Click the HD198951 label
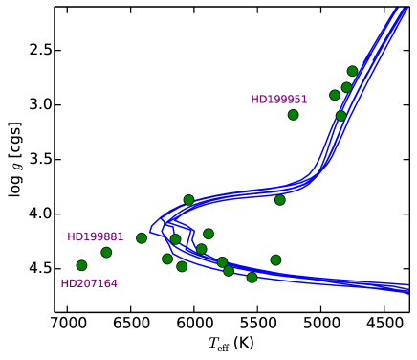click(x=279, y=100)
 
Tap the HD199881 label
click(x=95, y=236)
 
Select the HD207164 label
click(x=89, y=283)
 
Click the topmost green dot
click(x=352, y=71)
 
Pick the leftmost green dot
click(x=81, y=265)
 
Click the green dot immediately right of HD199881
click(x=142, y=237)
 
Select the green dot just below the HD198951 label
click(x=293, y=115)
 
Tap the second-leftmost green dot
click(x=106, y=252)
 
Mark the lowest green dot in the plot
click(x=252, y=278)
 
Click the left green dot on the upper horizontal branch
click(x=188, y=200)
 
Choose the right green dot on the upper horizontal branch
click(x=280, y=200)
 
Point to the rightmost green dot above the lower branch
click(x=275, y=259)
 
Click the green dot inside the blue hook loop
click(x=175, y=239)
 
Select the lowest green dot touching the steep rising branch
click(x=340, y=116)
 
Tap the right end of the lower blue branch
click(x=408, y=288)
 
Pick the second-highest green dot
click(x=346, y=87)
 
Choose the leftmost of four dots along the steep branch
click(x=335, y=95)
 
